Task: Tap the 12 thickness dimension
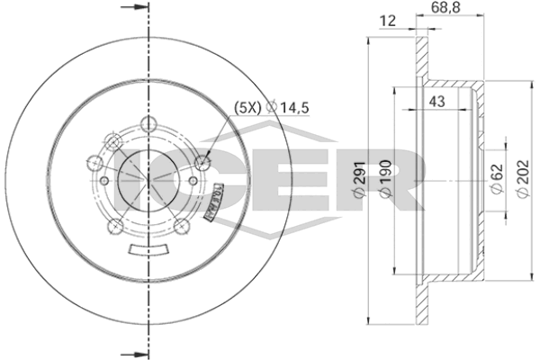pyautogui.click(x=387, y=21)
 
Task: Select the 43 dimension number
pyautogui.click(x=436, y=102)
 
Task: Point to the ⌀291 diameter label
pyautogui.click(x=359, y=179)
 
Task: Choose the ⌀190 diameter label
pyautogui.click(x=385, y=179)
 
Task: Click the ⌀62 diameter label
pyautogui.click(x=497, y=179)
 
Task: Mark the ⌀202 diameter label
pyautogui.click(x=522, y=179)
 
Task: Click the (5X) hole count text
pyautogui.click(x=247, y=108)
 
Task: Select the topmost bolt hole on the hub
pyautogui.click(x=148, y=124)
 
